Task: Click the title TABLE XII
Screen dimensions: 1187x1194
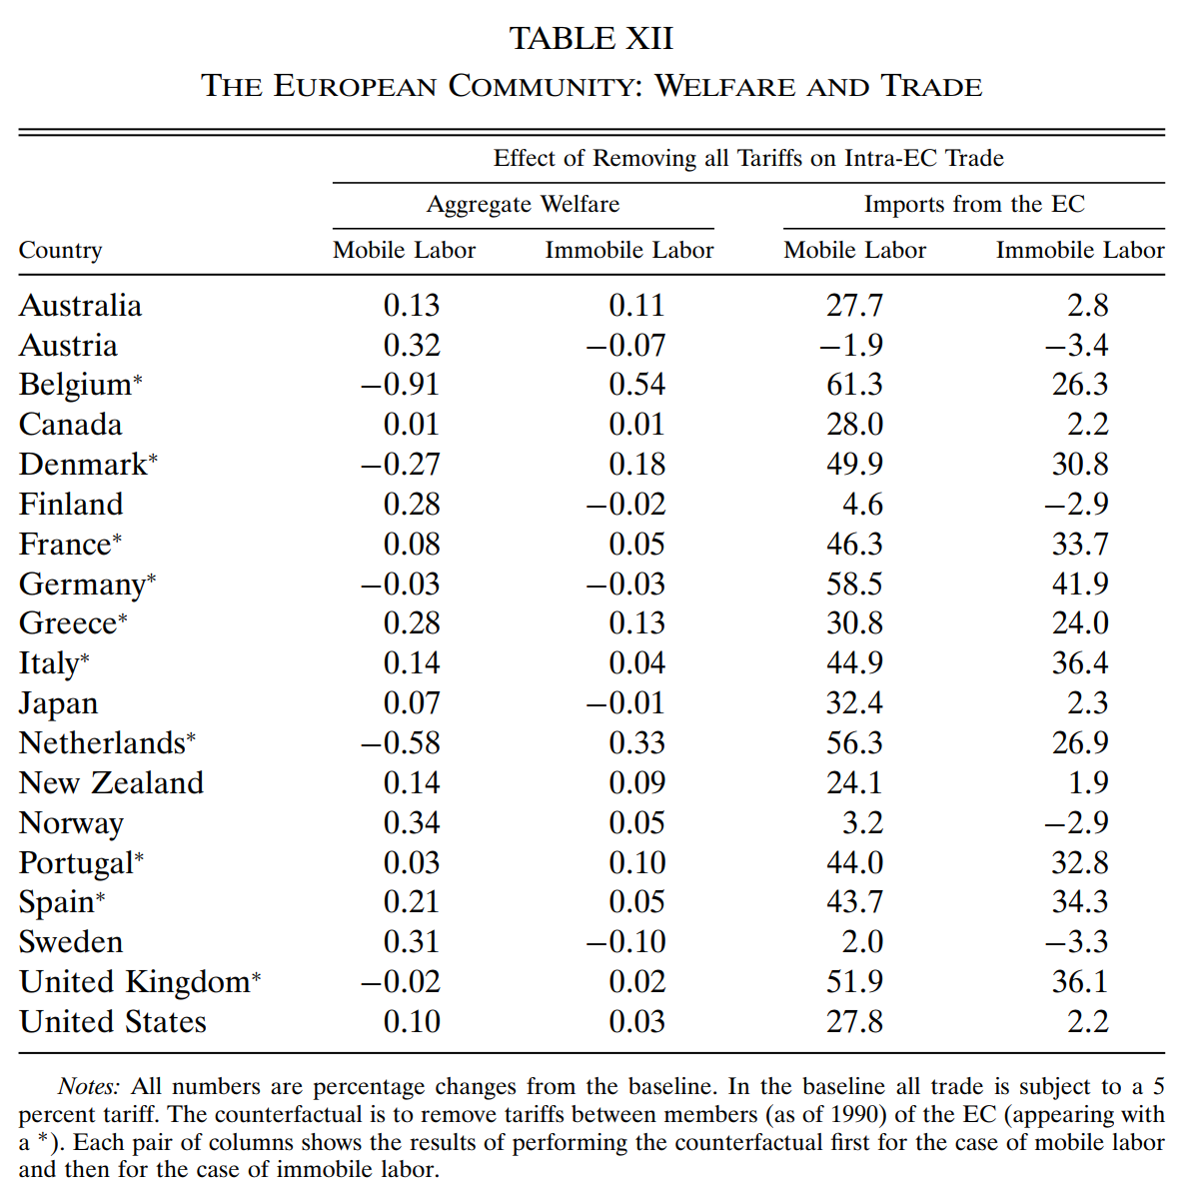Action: pyautogui.click(x=592, y=39)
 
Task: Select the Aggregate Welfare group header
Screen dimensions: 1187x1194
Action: pyautogui.click(x=524, y=204)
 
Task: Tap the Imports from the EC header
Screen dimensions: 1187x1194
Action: pyautogui.click(x=974, y=204)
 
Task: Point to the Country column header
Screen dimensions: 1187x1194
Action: pyautogui.click(x=60, y=251)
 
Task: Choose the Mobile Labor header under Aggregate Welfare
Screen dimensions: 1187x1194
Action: pyautogui.click(x=405, y=250)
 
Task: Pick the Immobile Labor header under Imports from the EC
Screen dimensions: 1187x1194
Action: pyautogui.click(x=1080, y=250)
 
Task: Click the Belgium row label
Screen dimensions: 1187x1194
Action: pyautogui.click(x=75, y=386)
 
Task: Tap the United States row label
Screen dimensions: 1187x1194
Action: pyautogui.click(x=113, y=1022)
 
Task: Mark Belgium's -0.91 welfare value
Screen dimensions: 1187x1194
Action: pyautogui.click(x=401, y=385)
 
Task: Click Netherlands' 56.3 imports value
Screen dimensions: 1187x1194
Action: pyautogui.click(x=855, y=743)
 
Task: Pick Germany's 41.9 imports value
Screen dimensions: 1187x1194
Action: pyautogui.click(x=1080, y=585)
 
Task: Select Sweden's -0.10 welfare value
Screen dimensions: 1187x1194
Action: pyautogui.click(x=625, y=942)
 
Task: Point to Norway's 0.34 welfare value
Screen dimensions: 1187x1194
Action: pyautogui.click(x=412, y=823)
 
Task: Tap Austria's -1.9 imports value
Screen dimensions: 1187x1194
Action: pyautogui.click(x=851, y=346)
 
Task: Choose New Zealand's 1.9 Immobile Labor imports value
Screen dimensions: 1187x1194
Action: pyautogui.click(x=1088, y=782)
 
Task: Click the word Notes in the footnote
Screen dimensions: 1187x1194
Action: pyautogui.click(x=89, y=1086)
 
